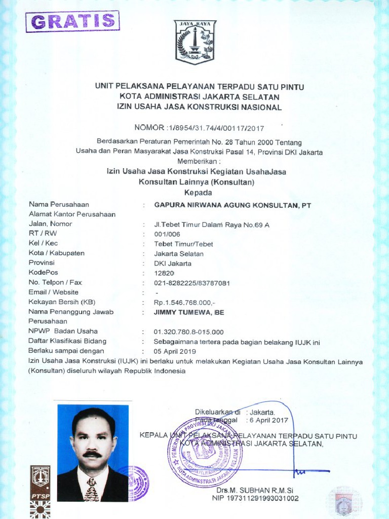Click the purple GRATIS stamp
tap(73, 21)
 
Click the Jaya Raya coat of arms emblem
tap(196, 42)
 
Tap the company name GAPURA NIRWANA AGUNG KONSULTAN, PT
tap(232, 205)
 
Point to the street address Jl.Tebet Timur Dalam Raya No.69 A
tap(212, 225)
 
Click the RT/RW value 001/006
tap(167, 234)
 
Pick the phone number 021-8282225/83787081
tap(192, 283)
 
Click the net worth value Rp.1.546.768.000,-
tap(185, 303)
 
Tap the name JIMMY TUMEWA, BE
tap(189, 312)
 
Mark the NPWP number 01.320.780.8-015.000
tap(188, 332)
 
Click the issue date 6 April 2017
tap(267, 420)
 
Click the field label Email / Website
tap(54, 292)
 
